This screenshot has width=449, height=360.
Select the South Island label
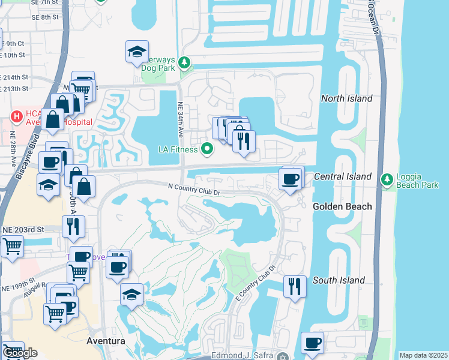click(339, 280)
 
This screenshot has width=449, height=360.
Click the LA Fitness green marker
click(208, 148)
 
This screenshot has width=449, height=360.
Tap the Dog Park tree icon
click(185, 62)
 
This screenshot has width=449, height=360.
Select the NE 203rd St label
click(23, 230)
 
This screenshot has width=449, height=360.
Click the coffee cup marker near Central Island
click(291, 179)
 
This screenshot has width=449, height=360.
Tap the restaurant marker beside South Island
click(295, 286)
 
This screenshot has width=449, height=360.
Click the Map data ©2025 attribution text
click(423, 355)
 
